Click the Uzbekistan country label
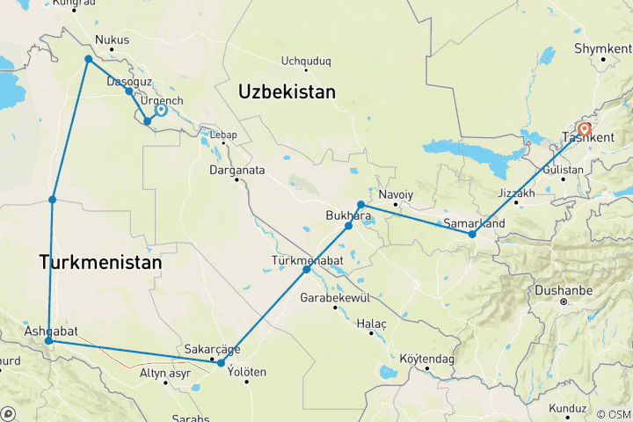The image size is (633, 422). click(x=287, y=91)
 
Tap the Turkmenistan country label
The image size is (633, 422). click(x=100, y=262)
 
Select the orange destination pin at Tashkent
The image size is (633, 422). click(x=584, y=129)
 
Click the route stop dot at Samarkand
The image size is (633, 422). click(x=472, y=234)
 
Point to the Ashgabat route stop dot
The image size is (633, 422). click(x=48, y=340)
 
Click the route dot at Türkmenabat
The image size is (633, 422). click(x=307, y=269)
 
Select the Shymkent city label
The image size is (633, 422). click(x=602, y=48)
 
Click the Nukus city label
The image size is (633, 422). click(x=112, y=40)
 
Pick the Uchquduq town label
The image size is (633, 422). click(x=305, y=62)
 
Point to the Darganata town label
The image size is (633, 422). click(x=237, y=169)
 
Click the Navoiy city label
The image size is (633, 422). click(x=395, y=193)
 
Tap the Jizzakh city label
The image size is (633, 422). click(x=516, y=193)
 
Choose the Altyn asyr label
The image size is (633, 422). click(x=165, y=373)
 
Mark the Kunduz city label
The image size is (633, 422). click(x=567, y=409)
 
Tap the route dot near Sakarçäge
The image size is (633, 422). click(x=221, y=363)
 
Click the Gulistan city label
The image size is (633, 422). click(x=564, y=168)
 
